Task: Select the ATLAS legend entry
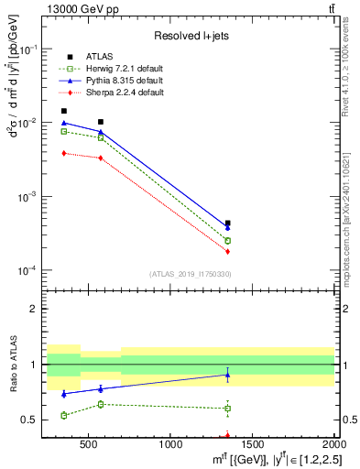coord(101,58)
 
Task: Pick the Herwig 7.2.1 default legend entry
coord(122,70)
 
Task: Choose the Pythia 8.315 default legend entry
coord(122,82)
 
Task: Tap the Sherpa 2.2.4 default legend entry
coord(122,93)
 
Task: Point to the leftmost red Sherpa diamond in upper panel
coord(63,153)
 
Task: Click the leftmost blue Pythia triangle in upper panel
coord(63,123)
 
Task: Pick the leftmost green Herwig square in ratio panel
coord(63,415)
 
